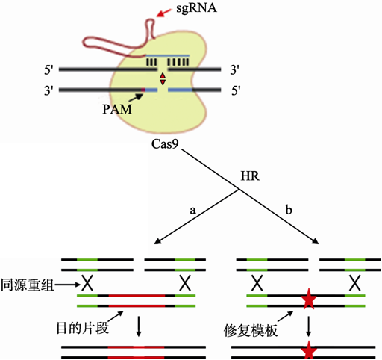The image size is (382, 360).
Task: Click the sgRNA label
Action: tap(196, 8)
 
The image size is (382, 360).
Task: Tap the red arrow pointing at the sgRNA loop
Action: tap(164, 13)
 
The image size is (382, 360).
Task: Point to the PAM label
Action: tap(117, 109)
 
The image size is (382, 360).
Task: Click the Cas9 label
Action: tap(165, 144)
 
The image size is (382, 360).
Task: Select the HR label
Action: tap(250, 176)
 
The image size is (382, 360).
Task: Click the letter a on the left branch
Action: tap(192, 211)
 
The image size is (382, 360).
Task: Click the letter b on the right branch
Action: tap(289, 210)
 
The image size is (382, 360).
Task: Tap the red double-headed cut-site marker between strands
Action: tap(163, 79)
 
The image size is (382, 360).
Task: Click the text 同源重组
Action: tap(28, 285)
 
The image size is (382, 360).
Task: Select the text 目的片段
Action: tap(83, 328)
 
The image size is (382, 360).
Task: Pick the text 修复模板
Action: tap(251, 331)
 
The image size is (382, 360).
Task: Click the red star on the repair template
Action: tap(309, 299)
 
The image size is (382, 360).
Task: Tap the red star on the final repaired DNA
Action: tap(309, 350)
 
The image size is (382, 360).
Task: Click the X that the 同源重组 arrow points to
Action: tap(87, 283)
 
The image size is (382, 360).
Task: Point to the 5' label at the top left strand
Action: tap(49, 70)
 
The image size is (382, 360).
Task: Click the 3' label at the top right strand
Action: tap(234, 69)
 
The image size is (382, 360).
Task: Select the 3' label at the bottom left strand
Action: tap(49, 90)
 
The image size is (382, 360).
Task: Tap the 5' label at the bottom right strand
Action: tap(236, 90)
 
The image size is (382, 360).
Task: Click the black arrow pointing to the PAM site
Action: tap(137, 97)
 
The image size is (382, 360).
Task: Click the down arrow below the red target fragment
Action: tap(139, 326)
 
